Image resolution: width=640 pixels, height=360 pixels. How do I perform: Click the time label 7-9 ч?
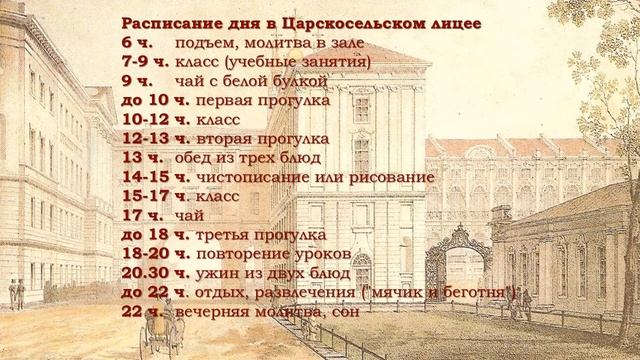[x=144, y=62]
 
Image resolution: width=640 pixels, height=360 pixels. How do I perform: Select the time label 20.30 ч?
[x=151, y=273]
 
